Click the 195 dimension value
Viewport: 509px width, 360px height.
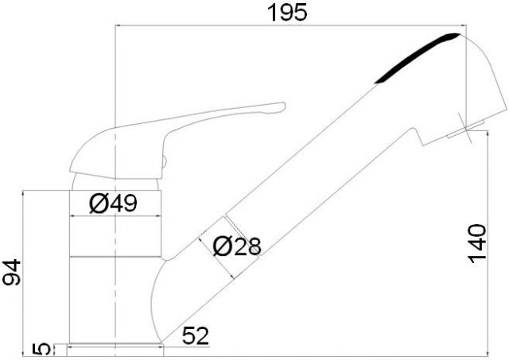[x=287, y=13]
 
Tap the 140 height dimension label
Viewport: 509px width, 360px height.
[x=477, y=243]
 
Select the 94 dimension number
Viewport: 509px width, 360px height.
[x=12, y=272]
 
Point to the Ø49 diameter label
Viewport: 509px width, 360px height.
[x=113, y=203]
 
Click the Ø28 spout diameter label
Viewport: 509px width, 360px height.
[x=237, y=246]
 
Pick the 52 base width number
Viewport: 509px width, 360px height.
[x=196, y=335]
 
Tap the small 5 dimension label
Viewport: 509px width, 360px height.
[x=42, y=350]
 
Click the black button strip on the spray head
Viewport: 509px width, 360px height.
[x=417, y=57]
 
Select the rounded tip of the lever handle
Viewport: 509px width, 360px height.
[x=283, y=106]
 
